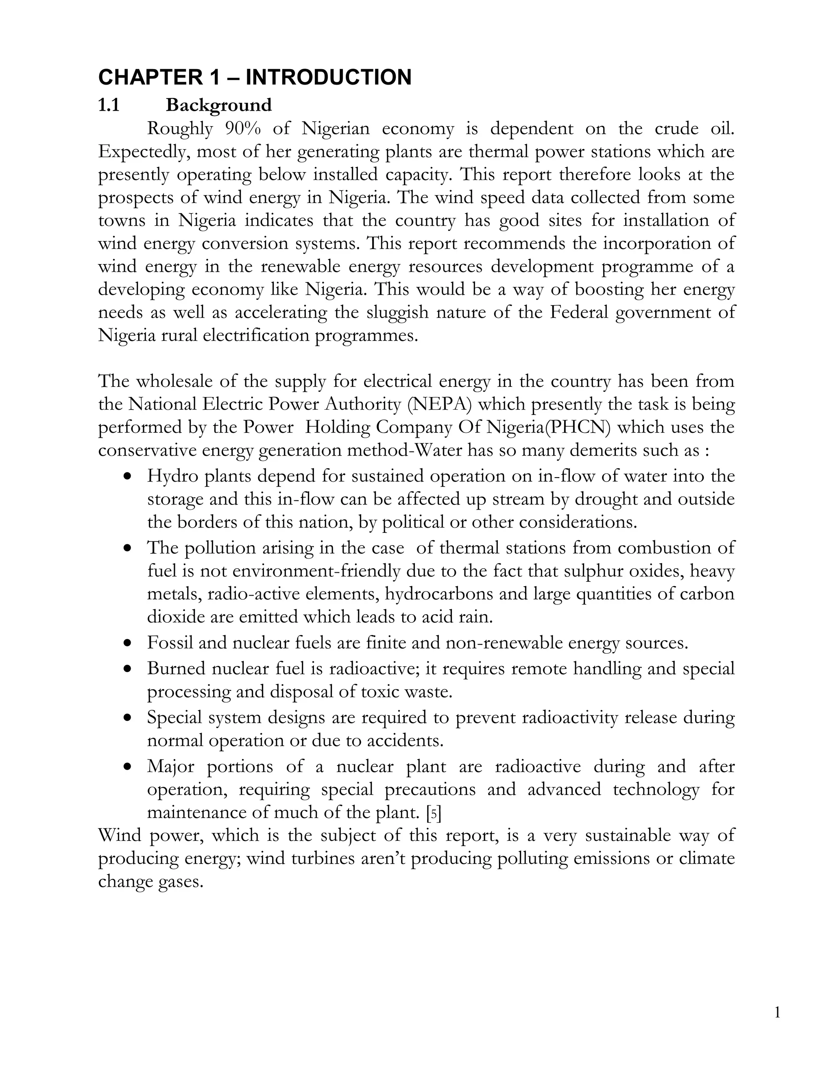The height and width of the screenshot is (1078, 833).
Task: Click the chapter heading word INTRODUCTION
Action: coord(328,77)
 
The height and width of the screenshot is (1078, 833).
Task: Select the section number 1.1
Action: coord(109,105)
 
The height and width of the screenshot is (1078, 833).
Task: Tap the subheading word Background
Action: coord(218,105)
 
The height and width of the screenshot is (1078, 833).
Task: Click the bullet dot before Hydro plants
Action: coord(128,477)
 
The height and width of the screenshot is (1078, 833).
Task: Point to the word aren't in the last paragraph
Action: coord(383,859)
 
